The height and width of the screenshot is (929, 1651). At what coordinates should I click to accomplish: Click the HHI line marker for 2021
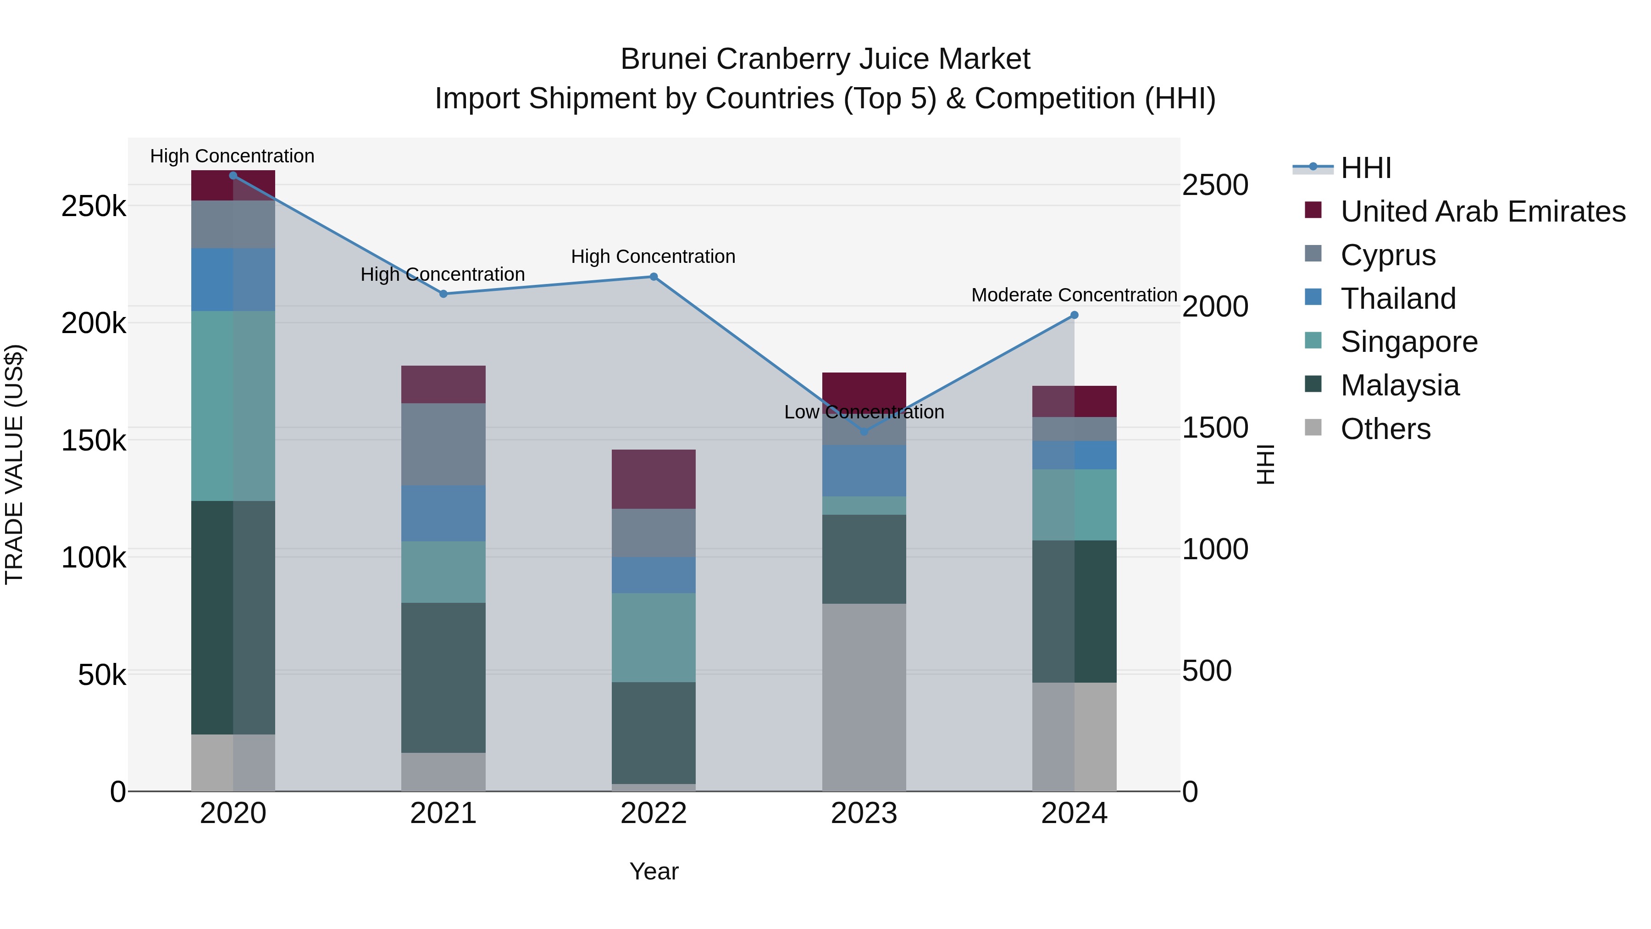[443, 294]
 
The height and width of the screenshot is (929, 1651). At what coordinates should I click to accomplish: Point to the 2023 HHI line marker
[864, 432]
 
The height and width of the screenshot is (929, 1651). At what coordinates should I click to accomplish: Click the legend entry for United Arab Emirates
[1482, 211]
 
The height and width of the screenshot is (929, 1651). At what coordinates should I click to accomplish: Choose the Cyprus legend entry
[1388, 255]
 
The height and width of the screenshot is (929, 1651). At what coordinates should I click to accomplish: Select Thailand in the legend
[1398, 299]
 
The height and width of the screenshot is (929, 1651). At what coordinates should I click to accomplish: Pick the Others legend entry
[1385, 429]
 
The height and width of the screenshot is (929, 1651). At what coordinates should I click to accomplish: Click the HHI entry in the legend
[1365, 168]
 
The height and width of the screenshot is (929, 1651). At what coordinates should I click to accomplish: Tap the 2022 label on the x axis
[654, 813]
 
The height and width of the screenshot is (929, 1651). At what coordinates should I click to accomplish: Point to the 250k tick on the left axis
[94, 206]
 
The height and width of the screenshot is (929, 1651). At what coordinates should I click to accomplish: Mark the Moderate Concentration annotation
[1074, 295]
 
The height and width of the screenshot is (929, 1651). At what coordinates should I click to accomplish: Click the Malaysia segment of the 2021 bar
[443, 678]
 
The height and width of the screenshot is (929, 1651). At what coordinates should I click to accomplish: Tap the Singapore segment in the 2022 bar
[654, 637]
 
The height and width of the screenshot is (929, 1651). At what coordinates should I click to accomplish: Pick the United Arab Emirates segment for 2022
[654, 479]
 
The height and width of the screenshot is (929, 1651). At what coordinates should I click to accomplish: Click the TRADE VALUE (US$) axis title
[14, 464]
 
